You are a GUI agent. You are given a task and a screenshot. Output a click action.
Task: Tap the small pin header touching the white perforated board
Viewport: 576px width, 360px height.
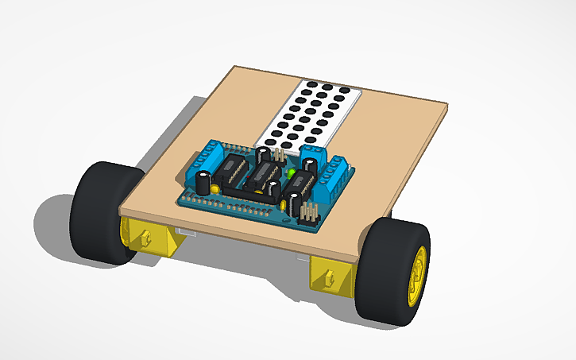[278, 153]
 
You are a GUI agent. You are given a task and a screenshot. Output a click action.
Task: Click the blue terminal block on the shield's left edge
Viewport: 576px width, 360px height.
[208, 156]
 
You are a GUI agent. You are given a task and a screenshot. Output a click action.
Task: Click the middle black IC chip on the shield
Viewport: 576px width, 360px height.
[262, 176]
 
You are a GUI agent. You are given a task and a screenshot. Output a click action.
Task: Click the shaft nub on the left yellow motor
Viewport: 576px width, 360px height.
[147, 236]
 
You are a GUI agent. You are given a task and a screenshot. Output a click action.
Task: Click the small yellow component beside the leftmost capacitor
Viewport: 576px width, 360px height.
[215, 189]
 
